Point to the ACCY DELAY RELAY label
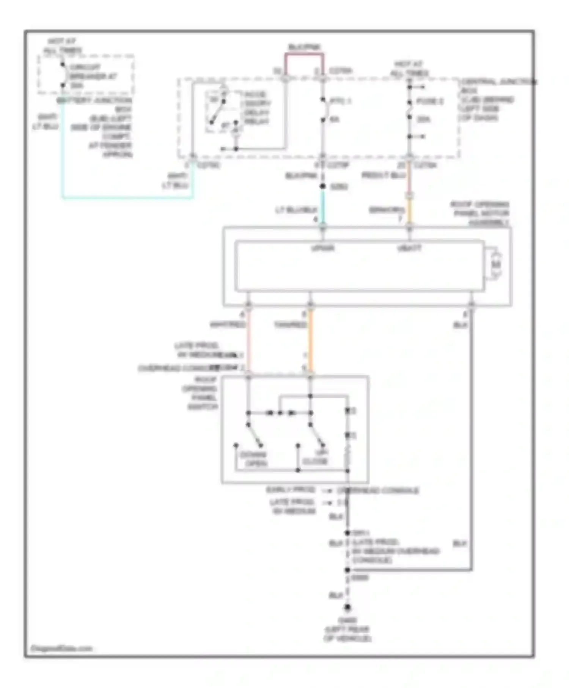click(256, 108)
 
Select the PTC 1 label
click(340, 101)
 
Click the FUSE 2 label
click(430, 101)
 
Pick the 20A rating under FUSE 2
click(423, 119)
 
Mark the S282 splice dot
click(322, 186)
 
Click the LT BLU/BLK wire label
click(296, 210)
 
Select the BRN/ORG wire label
click(386, 210)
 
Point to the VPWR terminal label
click(322, 248)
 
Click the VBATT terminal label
click(409, 248)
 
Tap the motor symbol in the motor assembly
click(496, 264)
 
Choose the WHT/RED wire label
click(228, 325)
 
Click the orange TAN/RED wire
click(310, 341)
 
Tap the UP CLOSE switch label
click(316, 457)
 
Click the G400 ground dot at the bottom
click(347, 608)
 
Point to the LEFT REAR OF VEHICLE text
click(347, 630)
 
